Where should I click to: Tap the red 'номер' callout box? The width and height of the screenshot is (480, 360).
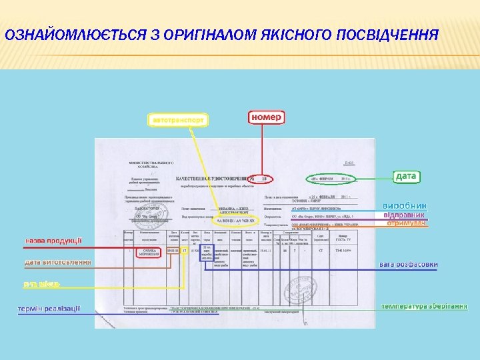click(x=267, y=117)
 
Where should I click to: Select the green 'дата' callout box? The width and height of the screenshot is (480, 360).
click(x=406, y=176)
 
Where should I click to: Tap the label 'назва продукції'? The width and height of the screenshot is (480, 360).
click(x=53, y=240)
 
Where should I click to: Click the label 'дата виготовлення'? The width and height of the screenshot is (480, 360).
click(x=58, y=262)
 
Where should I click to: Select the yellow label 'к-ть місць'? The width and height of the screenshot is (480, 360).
click(x=41, y=284)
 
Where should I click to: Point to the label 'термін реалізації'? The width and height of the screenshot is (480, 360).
click(x=49, y=308)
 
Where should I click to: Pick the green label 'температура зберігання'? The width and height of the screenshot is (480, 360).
click(x=424, y=306)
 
